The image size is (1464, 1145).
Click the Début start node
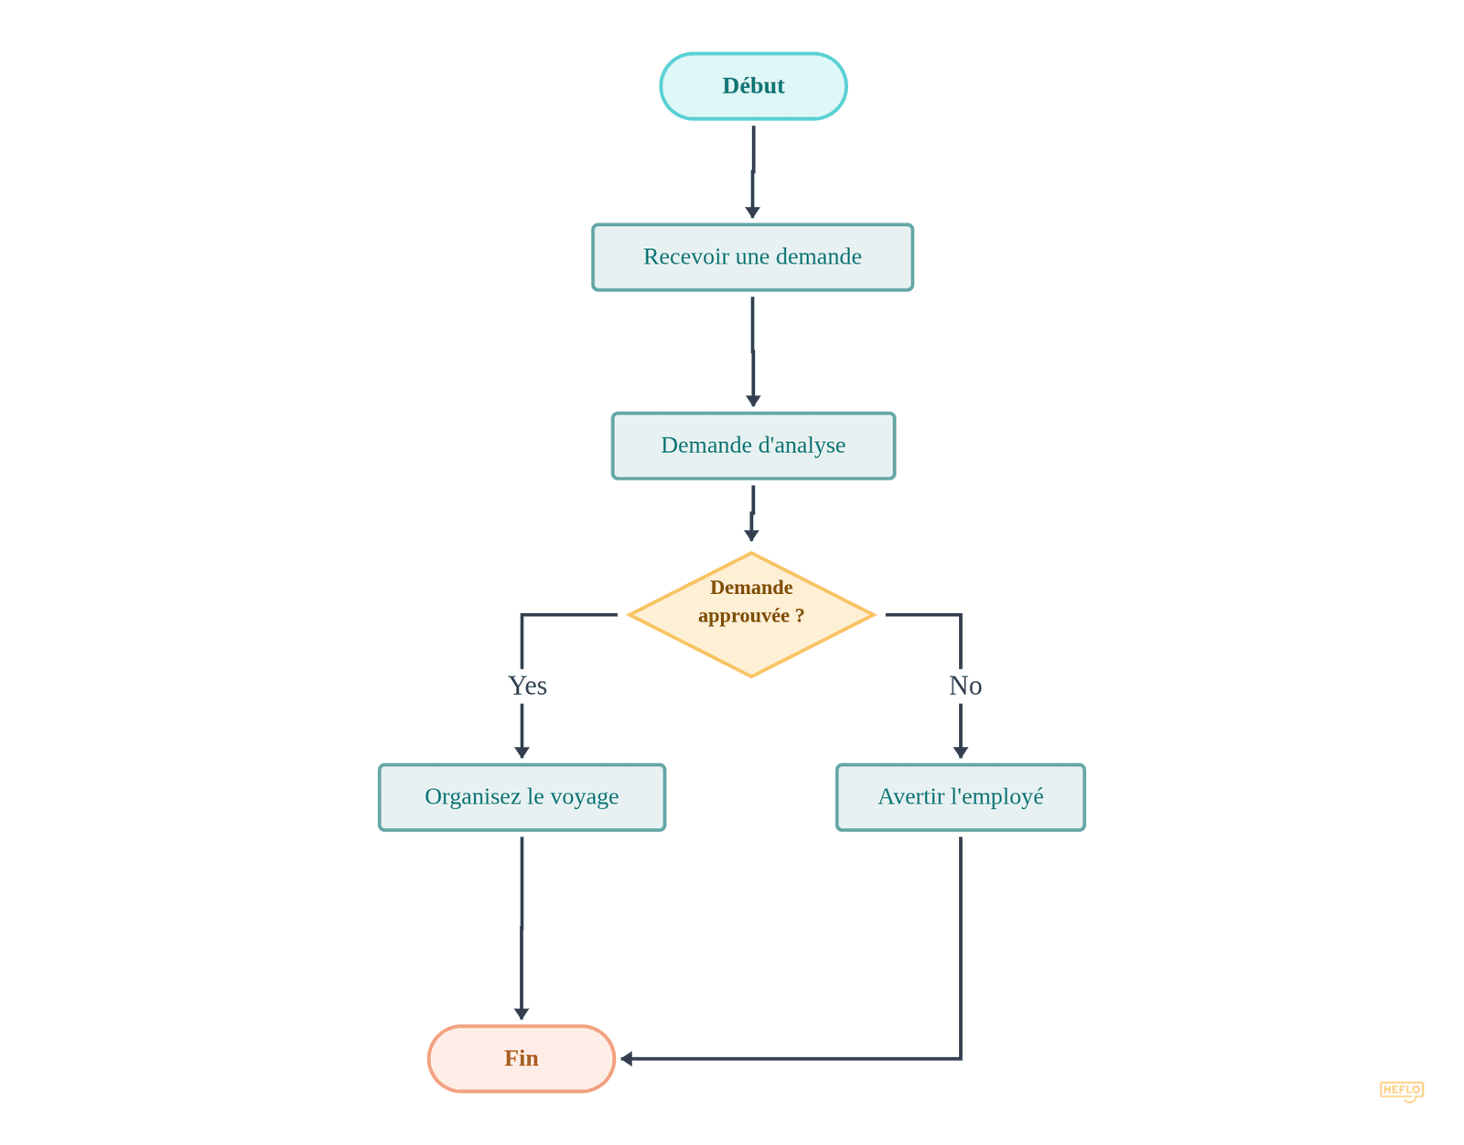point(753,86)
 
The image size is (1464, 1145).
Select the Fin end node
point(521,1058)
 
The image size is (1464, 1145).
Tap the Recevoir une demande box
point(752,257)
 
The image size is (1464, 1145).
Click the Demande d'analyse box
point(753,446)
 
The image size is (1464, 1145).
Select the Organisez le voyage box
point(522,797)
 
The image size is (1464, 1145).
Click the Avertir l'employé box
point(960,797)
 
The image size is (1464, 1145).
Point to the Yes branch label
point(527,686)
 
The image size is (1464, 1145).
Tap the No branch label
point(965,686)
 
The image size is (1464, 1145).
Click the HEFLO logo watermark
point(1401,1090)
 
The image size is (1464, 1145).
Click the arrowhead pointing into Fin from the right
point(627,1059)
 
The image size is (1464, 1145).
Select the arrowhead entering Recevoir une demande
point(752,212)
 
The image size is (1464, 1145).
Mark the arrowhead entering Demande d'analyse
point(753,401)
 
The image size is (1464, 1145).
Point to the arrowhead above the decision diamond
point(751,535)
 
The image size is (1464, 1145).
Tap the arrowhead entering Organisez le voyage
point(522,752)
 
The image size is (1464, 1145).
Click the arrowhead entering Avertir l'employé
point(960,752)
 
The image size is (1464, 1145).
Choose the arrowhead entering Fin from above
point(522,1014)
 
